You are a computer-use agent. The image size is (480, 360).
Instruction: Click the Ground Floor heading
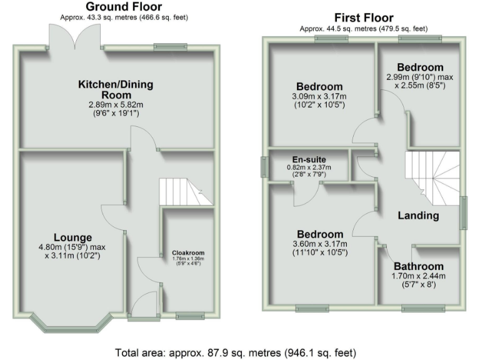[x=123, y=7]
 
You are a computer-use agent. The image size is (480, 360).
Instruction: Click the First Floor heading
[x=364, y=17]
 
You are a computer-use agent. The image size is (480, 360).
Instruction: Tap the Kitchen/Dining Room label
[x=116, y=89]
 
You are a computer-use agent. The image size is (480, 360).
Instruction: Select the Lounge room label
[x=72, y=237]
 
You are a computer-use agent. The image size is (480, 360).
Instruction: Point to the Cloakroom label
[x=187, y=252]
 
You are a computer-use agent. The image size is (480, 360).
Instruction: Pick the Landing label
[x=419, y=216]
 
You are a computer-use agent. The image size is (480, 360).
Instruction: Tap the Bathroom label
[x=418, y=266]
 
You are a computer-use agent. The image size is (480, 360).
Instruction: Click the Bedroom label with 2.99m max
[x=420, y=67]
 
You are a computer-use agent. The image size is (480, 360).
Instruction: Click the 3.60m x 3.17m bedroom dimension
[x=319, y=244]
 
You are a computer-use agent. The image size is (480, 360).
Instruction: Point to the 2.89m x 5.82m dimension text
[x=116, y=105]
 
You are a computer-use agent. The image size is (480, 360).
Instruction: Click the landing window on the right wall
[x=464, y=212]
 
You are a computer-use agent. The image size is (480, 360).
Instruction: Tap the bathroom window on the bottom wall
[x=419, y=307]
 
